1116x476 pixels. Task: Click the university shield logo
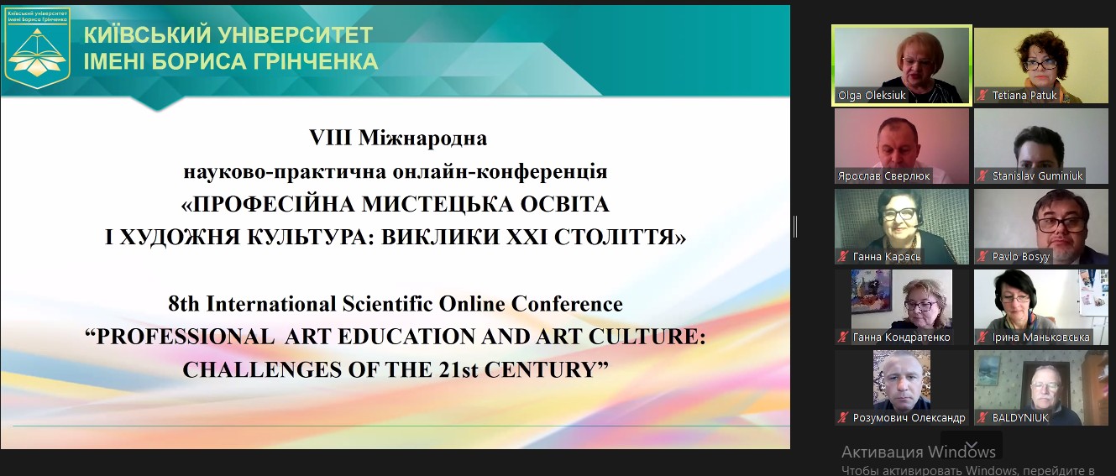click(38, 49)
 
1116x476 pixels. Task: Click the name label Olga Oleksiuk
click(872, 95)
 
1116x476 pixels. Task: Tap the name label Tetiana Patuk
click(1024, 95)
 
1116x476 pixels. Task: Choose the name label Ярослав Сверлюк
click(883, 176)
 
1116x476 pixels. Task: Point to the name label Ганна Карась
click(887, 257)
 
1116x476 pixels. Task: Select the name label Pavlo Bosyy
click(1020, 257)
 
